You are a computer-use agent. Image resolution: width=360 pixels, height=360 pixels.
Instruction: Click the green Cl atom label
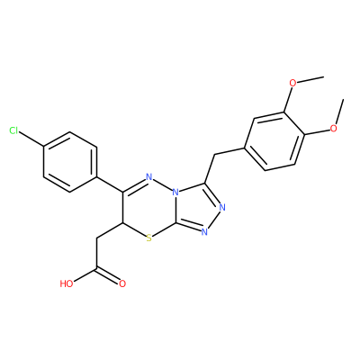click(x=13, y=130)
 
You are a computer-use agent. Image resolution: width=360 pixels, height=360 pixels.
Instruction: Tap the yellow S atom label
click(x=149, y=238)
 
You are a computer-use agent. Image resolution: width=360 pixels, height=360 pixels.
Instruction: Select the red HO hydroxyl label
click(x=67, y=283)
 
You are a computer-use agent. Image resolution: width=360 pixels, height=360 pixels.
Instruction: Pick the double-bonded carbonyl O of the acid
click(x=122, y=283)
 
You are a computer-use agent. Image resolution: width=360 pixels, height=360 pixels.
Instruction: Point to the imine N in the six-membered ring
click(x=149, y=176)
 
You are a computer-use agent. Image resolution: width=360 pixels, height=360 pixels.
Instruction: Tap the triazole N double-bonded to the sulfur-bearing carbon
click(x=204, y=231)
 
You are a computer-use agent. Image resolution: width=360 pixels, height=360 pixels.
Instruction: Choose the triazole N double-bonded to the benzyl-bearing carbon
click(x=222, y=207)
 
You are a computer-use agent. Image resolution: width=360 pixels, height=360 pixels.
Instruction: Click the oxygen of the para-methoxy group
click(x=333, y=129)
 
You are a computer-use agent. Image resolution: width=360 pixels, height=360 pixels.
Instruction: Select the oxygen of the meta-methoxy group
click(x=292, y=83)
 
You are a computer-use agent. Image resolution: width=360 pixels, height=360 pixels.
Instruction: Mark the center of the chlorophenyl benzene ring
click(x=70, y=162)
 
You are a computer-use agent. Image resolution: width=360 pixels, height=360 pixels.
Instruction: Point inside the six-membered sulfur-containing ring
click(x=149, y=207)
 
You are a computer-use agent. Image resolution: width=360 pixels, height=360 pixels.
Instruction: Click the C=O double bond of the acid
click(x=109, y=276)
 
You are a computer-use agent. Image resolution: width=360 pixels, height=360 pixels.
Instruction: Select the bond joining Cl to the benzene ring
click(x=31, y=139)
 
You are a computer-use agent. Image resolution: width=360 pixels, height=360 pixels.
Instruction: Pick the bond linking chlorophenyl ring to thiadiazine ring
click(x=110, y=184)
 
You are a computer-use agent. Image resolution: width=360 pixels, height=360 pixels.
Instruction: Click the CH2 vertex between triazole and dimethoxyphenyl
click(x=215, y=155)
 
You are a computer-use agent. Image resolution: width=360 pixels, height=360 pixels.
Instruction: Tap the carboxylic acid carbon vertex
click(x=96, y=269)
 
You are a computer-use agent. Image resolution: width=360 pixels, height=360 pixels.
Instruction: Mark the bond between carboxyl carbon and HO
click(x=85, y=275)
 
